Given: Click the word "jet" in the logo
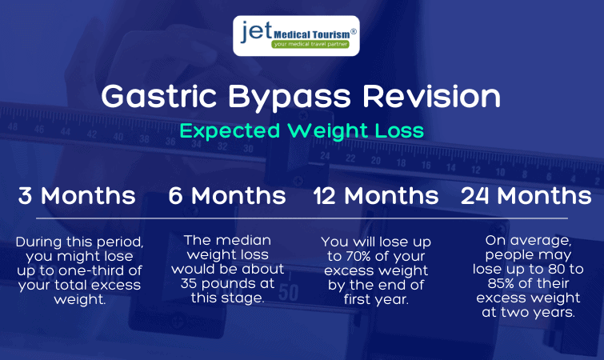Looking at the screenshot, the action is (257, 31).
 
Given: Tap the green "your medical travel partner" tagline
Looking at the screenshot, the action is (310, 44).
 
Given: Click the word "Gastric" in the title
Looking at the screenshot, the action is (158, 96).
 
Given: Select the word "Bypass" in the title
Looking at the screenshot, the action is (290, 98).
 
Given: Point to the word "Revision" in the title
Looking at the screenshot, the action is (431, 96).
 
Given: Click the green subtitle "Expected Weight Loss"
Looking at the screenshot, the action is (302, 131).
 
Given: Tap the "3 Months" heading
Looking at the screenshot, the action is (77, 195).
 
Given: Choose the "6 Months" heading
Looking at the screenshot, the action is (227, 195).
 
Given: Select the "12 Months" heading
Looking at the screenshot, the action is (376, 195).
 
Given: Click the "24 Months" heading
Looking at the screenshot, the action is (526, 195).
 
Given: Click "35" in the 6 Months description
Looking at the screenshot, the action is (189, 284).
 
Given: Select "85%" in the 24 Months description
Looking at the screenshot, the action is (502, 284).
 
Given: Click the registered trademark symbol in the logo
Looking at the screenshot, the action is (354, 32).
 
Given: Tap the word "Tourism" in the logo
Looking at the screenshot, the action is (330, 34).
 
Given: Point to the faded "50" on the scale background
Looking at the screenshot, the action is (288, 293).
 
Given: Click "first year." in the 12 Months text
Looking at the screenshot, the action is (376, 299).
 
